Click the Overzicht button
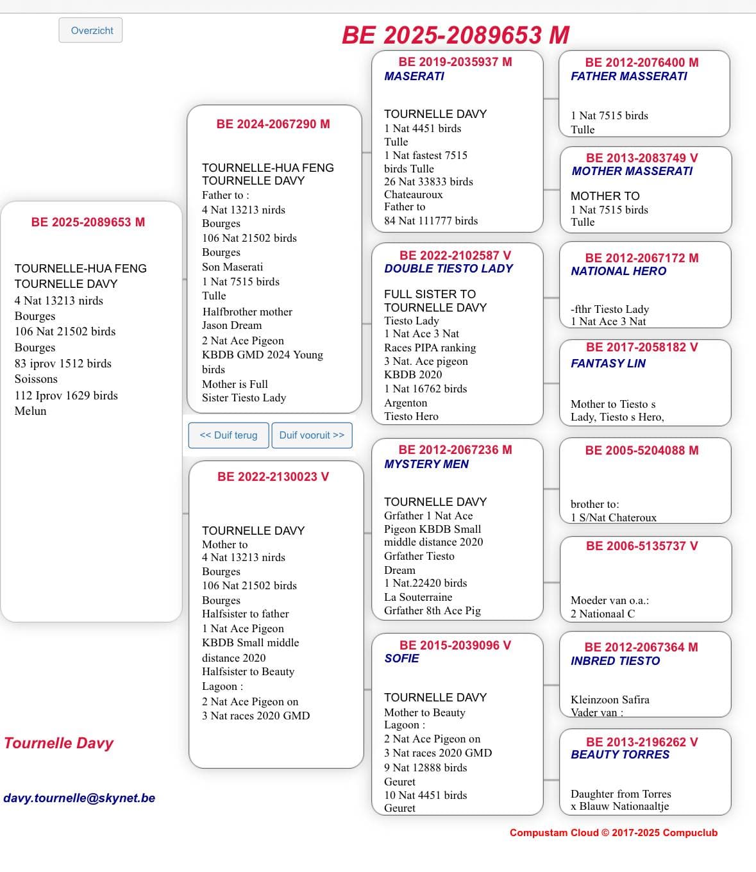pos(91,30)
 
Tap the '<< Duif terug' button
pos(228,435)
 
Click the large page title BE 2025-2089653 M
pos(455,35)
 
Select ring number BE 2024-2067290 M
pos(273,124)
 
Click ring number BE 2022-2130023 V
pos(273,477)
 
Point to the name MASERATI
pos(414,76)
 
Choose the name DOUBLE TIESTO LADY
pos(448,269)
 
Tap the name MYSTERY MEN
pos(426,464)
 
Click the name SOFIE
pos(402,658)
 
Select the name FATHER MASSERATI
pos(628,76)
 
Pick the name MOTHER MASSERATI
pos(632,171)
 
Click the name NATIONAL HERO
pos(618,271)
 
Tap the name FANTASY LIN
pos(608,364)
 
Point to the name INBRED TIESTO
pos(615,661)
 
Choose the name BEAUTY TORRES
pos(620,755)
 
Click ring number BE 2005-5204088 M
pos(642,451)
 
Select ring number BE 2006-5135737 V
pos(642,546)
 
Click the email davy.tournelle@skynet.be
pos(80,798)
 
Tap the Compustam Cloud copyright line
pos(614,833)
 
